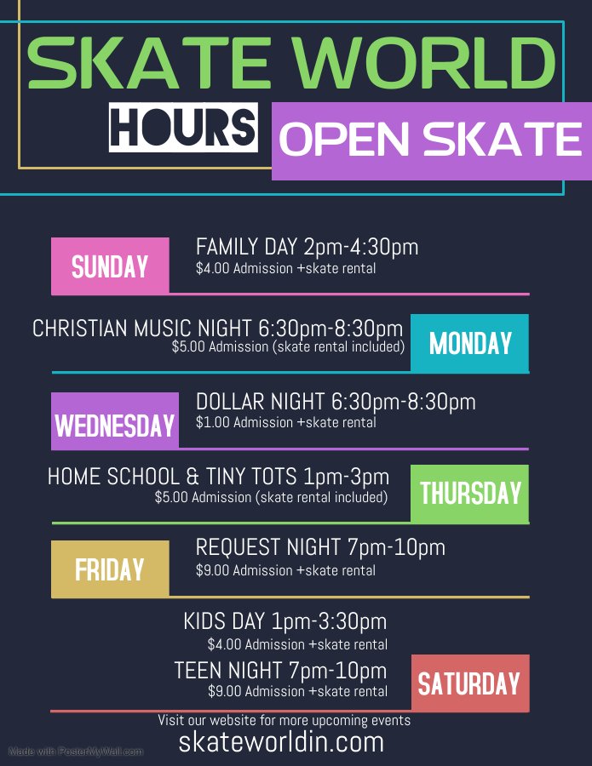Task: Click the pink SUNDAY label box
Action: point(110,266)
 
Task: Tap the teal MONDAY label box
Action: point(469,343)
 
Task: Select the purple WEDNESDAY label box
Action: point(115,422)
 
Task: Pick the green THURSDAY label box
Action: point(469,493)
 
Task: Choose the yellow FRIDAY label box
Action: point(110,569)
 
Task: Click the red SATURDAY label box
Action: point(468,683)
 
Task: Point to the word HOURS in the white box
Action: point(184,127)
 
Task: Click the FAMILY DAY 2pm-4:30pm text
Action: point(307,247)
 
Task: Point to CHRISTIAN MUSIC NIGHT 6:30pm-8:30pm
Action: point(217,329)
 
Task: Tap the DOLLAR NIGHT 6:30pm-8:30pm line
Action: point(336,402)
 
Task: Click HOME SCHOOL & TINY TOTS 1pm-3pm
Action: point(218,477)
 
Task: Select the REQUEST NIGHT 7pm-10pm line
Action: point(320,547)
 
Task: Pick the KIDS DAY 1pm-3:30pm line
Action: point(285,621)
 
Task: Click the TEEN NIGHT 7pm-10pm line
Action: point(280,670)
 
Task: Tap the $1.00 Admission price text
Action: point(285,422)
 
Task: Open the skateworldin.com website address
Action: point(281,742)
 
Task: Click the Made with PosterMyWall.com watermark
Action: point(76,752)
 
